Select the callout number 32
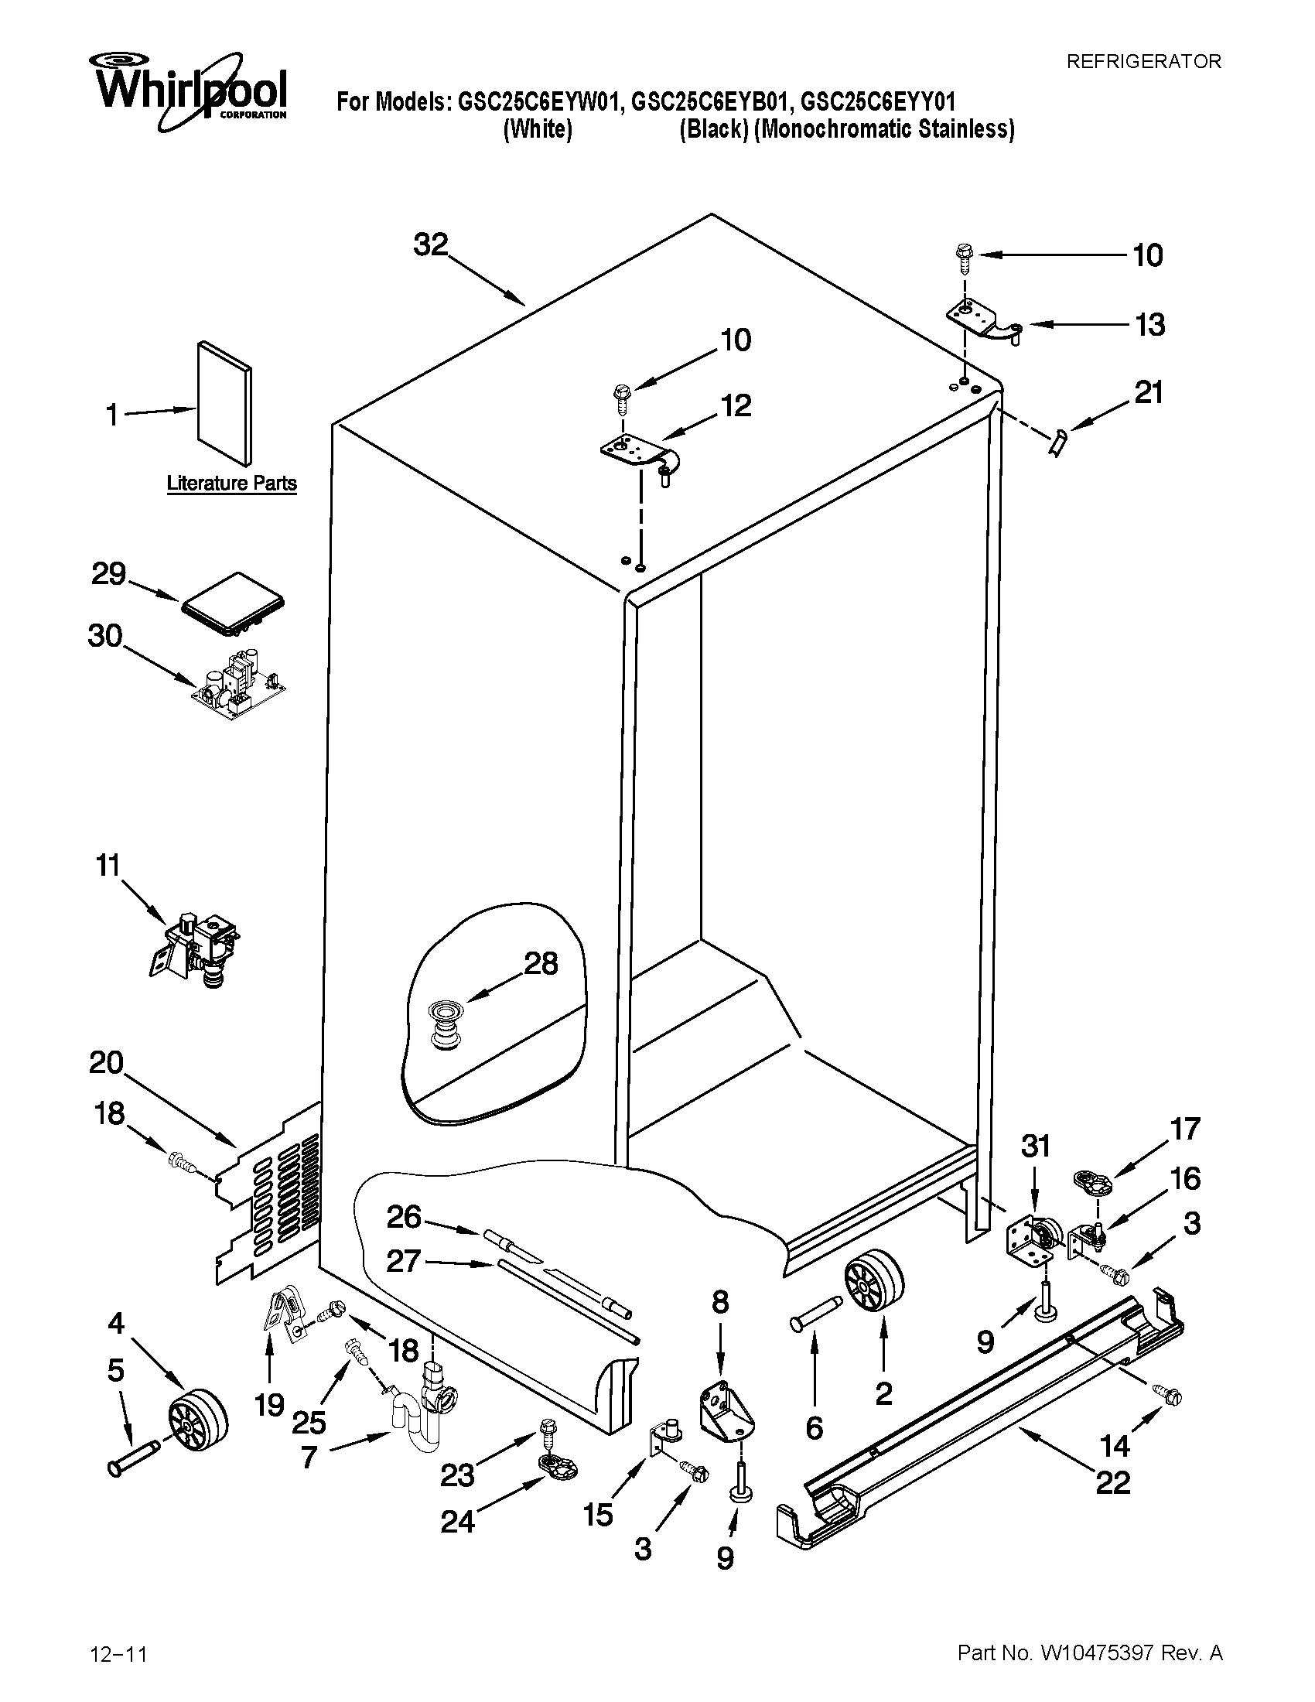click(x=431, y=244)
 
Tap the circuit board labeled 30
click(x=240, y=683)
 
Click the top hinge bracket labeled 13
click(x=981, y=321)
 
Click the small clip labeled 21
click(x=1057, y=443)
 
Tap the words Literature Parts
click(x=231, y=484)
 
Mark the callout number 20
click(x=107, y=1061)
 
